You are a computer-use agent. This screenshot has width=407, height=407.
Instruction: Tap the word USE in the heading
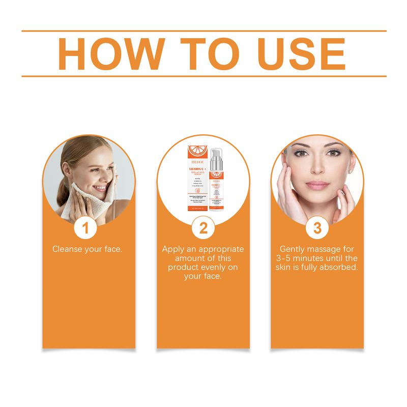(x=295, y=53)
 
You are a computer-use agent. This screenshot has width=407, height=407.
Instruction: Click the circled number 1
(x=85, y=228)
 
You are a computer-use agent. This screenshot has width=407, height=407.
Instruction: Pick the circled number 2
(x=203, y=228)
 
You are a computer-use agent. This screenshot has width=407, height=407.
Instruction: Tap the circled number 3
(x=317, y=228)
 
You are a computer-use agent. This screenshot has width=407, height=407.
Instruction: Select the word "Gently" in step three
(x=294, y=249)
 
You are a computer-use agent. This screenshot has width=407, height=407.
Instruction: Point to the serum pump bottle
(x=216, y=183)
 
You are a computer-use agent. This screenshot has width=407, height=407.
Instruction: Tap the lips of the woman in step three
(x=317, y=185)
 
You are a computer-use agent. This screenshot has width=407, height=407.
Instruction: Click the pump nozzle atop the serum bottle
(x=214, y=153)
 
